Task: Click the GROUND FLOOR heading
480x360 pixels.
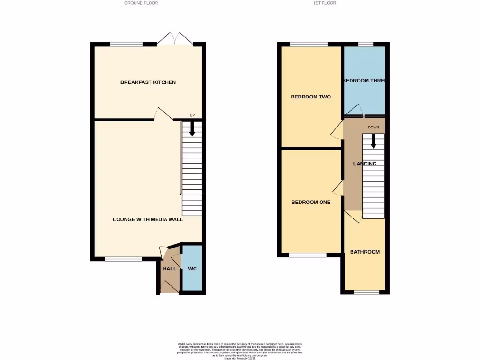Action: (x=141, y=3)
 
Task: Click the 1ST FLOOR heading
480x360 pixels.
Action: (x=325, y=3)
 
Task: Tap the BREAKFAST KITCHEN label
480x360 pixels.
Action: (x=148, y=82)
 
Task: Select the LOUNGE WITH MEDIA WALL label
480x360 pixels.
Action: (x=148, y=219)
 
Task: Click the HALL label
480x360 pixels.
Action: (x=170, y=269)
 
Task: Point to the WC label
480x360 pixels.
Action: (x=193, y=269)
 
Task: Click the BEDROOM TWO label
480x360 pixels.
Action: (x=311, y=97)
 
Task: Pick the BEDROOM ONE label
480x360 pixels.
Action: (x=311, y=202)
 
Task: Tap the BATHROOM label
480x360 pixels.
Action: (x=365, y=252)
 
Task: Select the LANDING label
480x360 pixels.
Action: (x=365, y=164)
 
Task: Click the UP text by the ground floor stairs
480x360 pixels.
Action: (x=192, y=115)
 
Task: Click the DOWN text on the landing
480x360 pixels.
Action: (x=374, y=127)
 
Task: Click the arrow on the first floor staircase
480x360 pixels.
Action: (x=374, y=141)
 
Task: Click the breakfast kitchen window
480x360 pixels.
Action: (x=127, y=45)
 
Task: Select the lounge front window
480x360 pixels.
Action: (x=123, y=259)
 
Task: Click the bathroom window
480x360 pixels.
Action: (x=366, y=292)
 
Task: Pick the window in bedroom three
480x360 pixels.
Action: (x=366, y=45)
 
